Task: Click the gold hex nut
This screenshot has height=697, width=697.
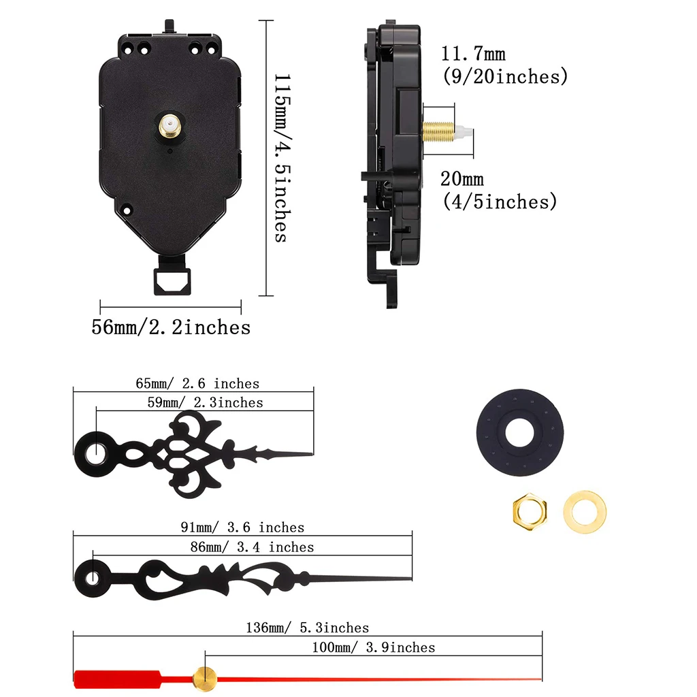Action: tap(530, 512)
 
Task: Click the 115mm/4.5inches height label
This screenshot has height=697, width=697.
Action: tap(282, 158)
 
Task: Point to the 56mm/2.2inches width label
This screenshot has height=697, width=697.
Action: tap(171, 327)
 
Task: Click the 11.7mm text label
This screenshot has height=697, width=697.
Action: tap(473, 54)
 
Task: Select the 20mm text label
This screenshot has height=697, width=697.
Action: tap(462, 179)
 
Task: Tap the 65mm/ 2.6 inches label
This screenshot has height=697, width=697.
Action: tap(197, 383)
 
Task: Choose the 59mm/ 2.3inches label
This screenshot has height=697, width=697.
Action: tap(206, 402)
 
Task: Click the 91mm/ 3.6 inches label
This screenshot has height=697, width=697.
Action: tap(242, 528)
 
